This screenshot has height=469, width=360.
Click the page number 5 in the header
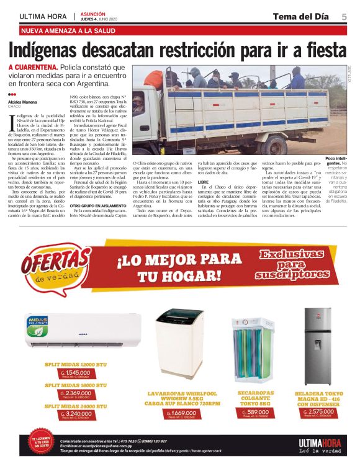(343, 16)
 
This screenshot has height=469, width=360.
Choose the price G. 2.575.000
(317, 411)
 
